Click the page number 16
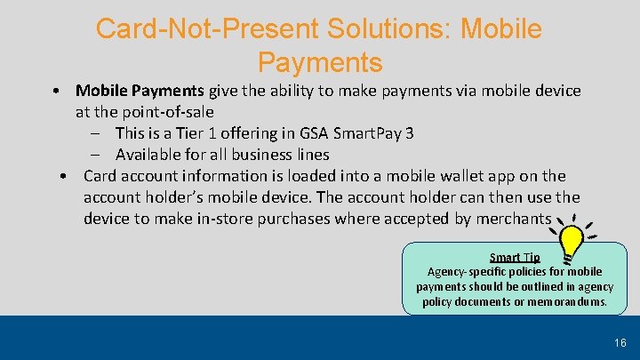(x=620, y=343)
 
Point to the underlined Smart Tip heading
(x=515, y=258)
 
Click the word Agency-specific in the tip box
(x=468, y=272)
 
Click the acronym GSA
(x=312, y=133)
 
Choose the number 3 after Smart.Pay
(x=409, y=133)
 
